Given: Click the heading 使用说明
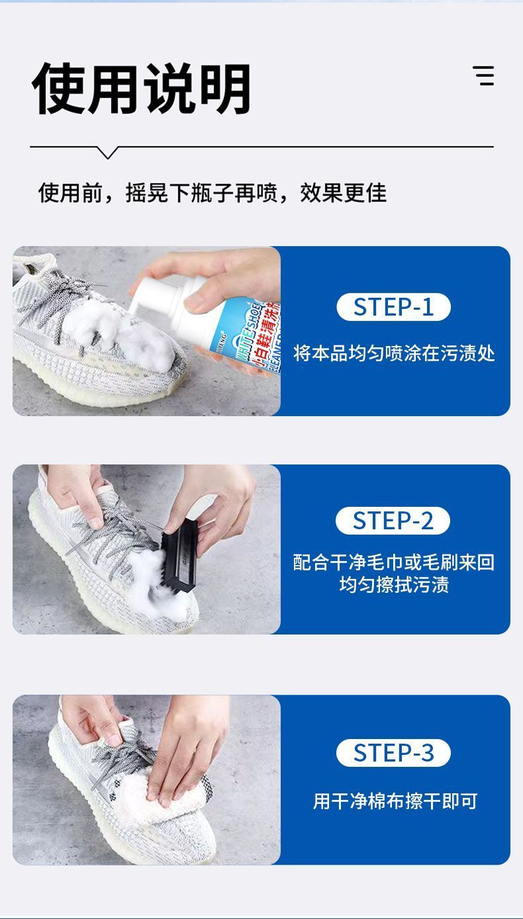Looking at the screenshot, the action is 142,89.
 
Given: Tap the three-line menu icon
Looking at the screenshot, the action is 483,75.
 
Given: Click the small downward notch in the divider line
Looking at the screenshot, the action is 108,152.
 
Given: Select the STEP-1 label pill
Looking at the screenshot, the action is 393,307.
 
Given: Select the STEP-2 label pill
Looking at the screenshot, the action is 393,521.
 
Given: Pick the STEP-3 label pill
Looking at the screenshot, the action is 393,753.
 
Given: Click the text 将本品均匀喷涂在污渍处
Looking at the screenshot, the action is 394,353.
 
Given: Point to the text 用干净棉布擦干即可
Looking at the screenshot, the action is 395,801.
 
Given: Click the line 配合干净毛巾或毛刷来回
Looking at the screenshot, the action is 394,562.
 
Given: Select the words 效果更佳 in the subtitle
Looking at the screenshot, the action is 343,193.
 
